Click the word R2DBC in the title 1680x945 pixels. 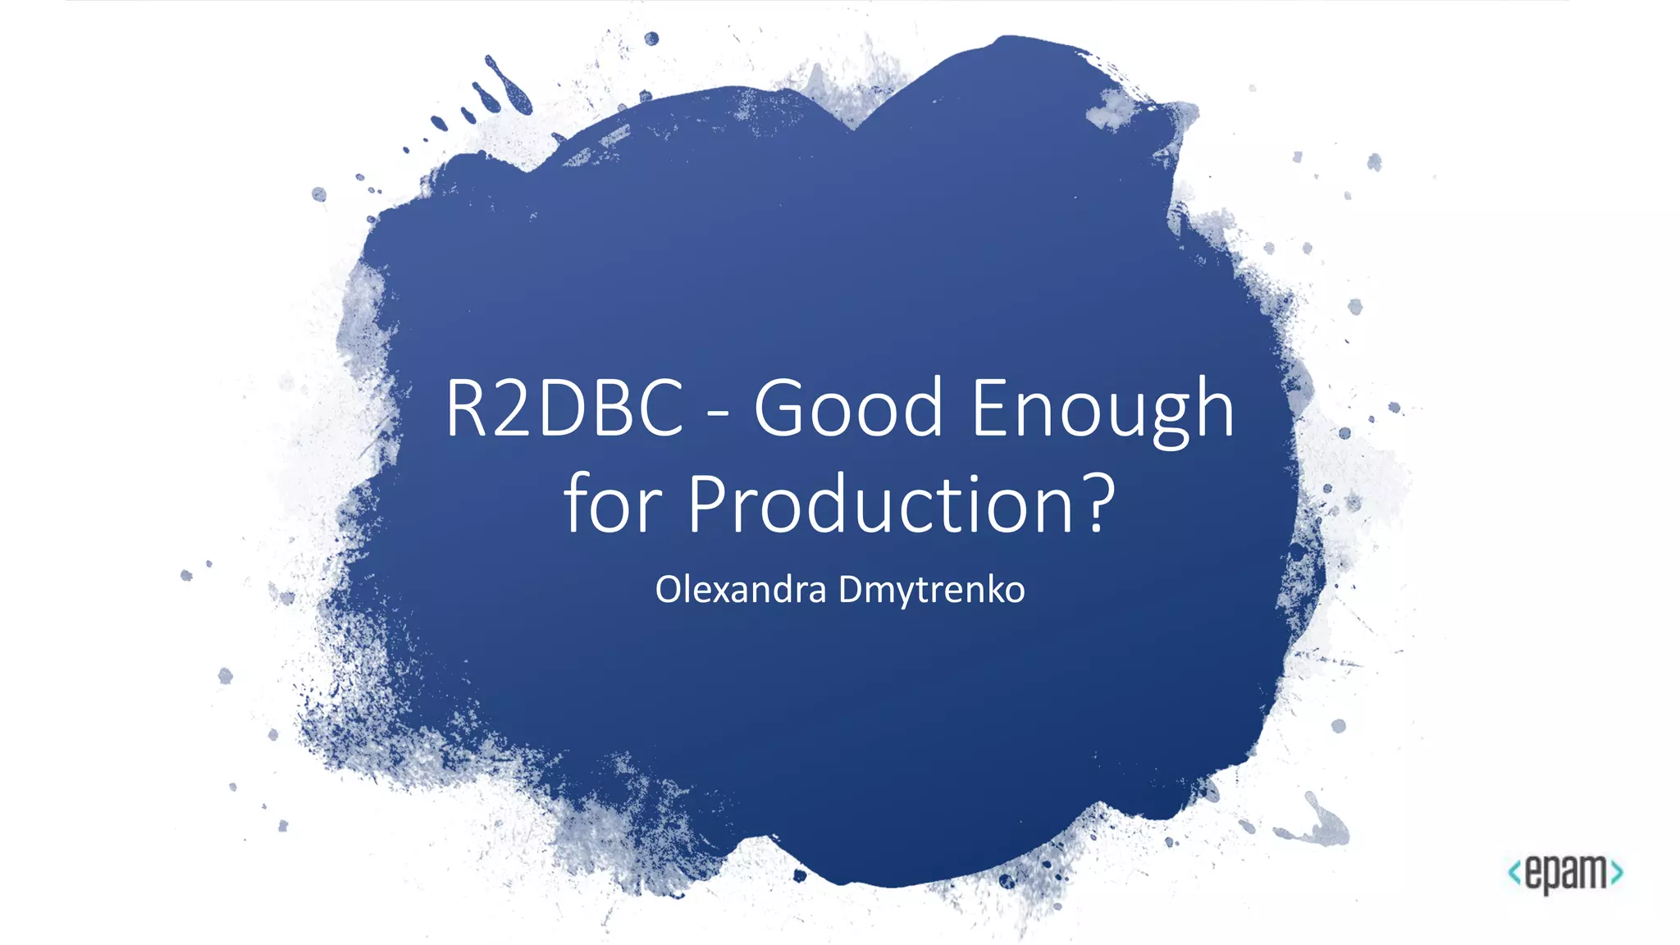point(564,408)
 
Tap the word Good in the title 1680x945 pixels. point(848,408)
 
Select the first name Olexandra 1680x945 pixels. point(740,590)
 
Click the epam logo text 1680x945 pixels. point(1566,872)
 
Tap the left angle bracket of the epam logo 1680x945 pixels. point(1514,872)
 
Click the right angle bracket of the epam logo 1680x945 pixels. point(1617,872)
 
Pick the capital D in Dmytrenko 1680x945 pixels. point(853,590)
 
